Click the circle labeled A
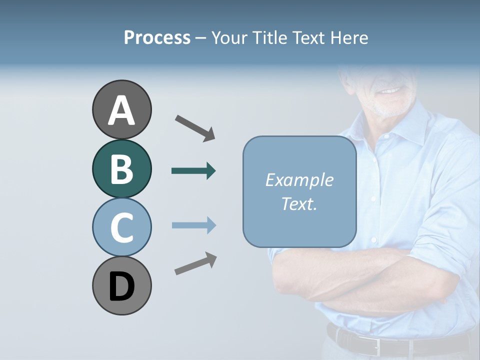point(121,109)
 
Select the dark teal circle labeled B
point(121,168)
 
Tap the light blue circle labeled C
point(121,227)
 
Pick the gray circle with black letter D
point(121,285)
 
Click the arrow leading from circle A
point(195,127)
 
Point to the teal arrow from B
point(193,171)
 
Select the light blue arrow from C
point(193,225)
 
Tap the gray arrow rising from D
point(195,263)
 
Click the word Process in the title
point(157,37)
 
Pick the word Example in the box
point(299,180)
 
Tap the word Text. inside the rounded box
point(299,203)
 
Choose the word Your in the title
point(229,37)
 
